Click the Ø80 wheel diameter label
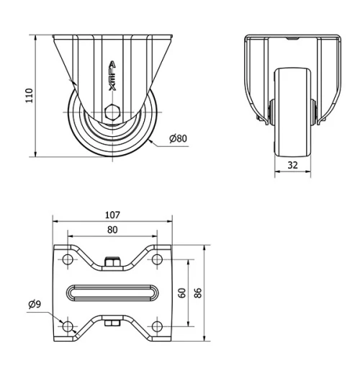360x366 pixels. point(179,138)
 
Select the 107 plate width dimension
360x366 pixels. point(112,214)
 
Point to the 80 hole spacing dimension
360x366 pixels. point(112,230)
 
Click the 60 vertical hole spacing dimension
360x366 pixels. point(182,293)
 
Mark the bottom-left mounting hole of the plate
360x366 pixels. point(68,326)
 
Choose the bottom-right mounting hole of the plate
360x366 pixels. point(156,326)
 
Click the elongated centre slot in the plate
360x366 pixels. point(112,293)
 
